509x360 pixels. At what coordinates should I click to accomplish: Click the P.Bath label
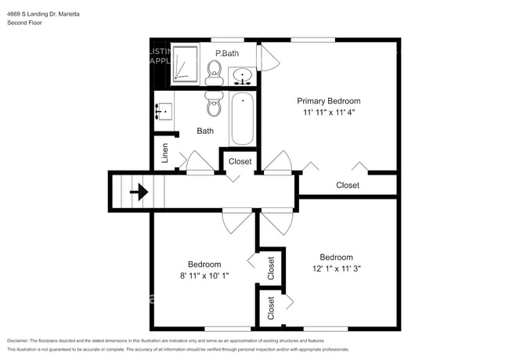point(227,53)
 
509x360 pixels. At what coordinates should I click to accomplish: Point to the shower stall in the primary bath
point(186,63)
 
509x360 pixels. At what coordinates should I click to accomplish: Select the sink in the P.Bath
point(243,76)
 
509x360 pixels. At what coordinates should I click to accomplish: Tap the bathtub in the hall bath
point(242,118)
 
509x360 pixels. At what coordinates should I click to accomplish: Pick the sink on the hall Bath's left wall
point(164,111)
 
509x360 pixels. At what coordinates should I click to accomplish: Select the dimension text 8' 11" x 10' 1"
point(204,275)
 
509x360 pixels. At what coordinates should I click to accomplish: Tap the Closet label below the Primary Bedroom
point(348,185)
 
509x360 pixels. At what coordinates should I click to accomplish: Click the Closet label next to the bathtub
point(240,161)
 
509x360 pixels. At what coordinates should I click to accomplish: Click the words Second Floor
point(25,23)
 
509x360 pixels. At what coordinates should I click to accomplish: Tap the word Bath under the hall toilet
point(205,131)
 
